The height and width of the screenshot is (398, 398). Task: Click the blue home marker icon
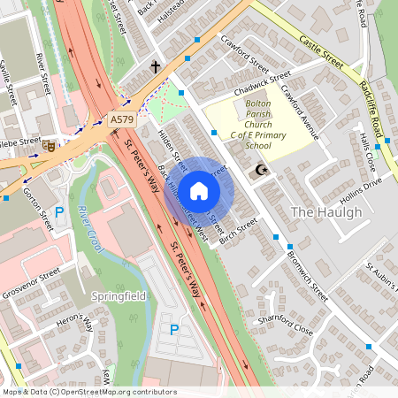pyautogui.click(x=199, y=190)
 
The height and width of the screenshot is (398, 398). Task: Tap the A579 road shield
pyautogui.click(x=123, y=119)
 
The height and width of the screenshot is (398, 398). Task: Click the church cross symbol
pyautogui.click(x=156, y=66)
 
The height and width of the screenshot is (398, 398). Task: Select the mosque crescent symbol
pyautogui.click(x=259, y=171)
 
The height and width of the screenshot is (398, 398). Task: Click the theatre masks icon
pyautogui.click(x=49, y=145)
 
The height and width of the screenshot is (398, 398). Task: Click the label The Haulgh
pyautogui.click(x=326, y=212)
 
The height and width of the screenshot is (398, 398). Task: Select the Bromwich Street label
pyautogui.click(x=307, y=275)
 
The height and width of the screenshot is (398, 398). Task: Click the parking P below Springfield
pyautogui.click(x=174, y=330)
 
